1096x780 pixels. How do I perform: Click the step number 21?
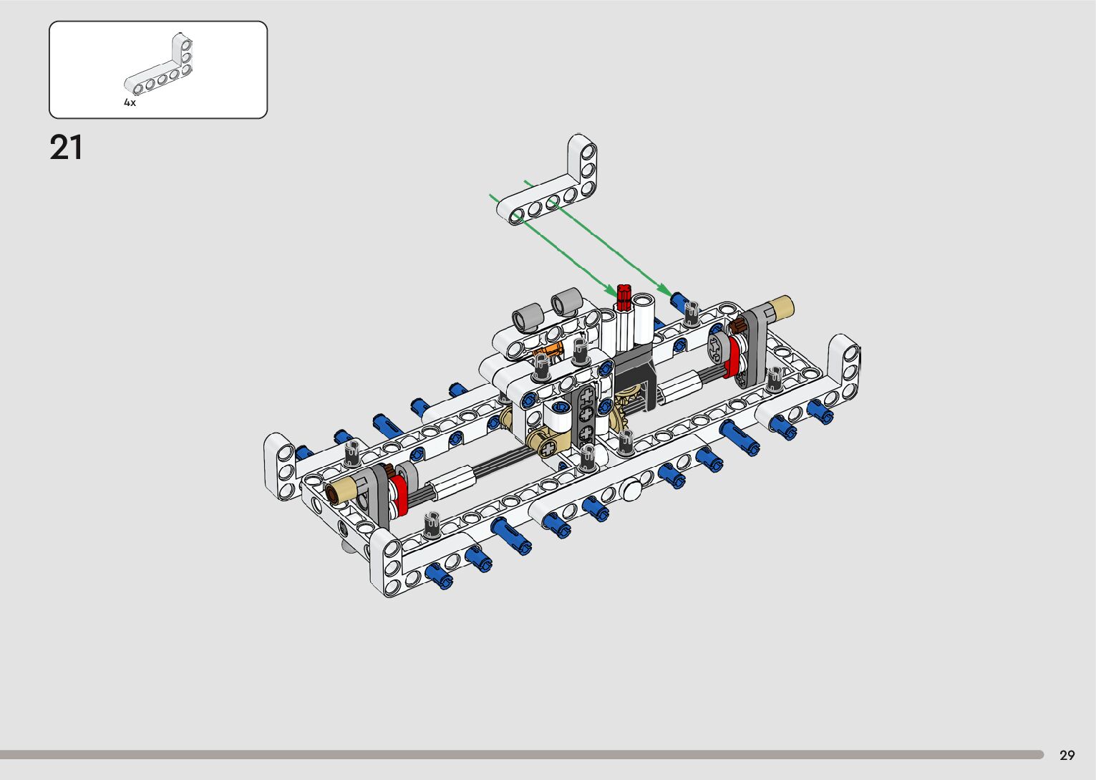click(66, 148)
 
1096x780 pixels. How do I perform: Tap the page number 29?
click(1067, 755)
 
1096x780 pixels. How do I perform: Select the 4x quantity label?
click(130, 103)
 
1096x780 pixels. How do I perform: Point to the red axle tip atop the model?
click(623, 297)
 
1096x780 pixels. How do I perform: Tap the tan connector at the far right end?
click(781, 307)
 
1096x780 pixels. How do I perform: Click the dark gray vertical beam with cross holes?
click(586, 416)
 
